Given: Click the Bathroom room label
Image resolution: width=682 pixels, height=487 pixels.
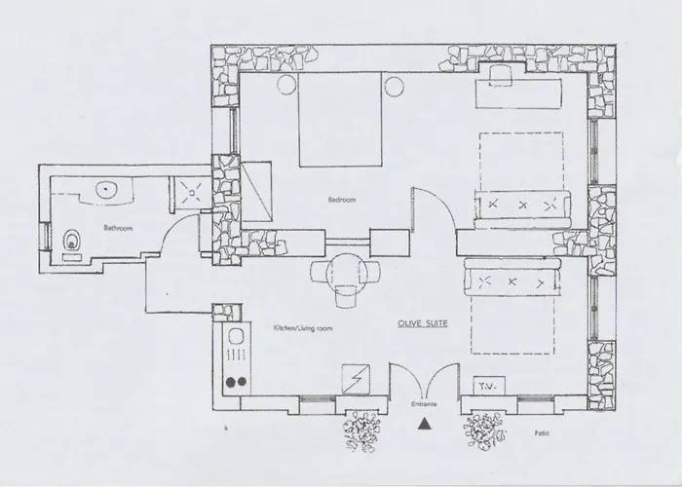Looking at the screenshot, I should pyautogui.click(x=118, y=228).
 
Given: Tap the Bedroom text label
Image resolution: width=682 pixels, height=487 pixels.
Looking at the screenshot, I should pyautogui.click(x=341, y=199).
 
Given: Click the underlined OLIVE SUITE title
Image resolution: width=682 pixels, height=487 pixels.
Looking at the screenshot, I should pyautogui.click(x=422, y=322).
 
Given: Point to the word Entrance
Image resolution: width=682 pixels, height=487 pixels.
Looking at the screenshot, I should pyautogui.click(x=423, y=402).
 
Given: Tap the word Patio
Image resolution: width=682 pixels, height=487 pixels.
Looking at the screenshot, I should pyautogui.click(x=542, y=430).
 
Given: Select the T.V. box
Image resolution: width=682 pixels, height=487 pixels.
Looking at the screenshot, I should pyautogui.click(x=486, y=386).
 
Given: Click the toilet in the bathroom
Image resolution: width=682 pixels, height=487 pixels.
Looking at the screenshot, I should pyautogui.click(x=70, y=239).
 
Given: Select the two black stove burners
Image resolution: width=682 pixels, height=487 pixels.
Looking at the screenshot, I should pyautogui.click(x=235, y=383).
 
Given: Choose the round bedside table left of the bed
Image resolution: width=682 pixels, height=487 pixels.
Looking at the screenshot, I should pyautogui.click(x=287, y=87).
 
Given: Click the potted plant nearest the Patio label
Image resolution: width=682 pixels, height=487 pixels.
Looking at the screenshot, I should pyautogui.click(x=483, y=429).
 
